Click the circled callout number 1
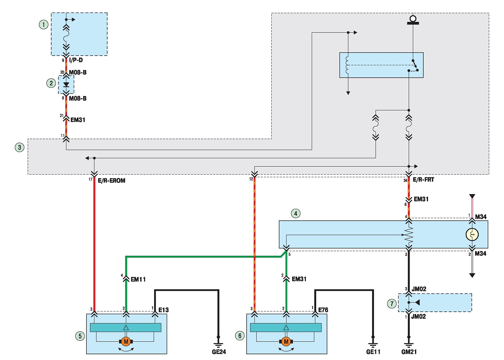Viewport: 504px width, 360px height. tap(44, 24)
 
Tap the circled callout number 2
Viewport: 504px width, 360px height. tap(51, 83)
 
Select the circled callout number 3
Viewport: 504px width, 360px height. tap(20, 147)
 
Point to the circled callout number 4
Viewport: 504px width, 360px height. tap(295, 213)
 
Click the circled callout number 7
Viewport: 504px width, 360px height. tap(392, 304)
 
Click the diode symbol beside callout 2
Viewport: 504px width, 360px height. tap(66, 85)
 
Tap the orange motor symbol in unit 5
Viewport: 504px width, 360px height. tap(126, 342)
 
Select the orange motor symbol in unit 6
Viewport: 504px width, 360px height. tap(286, 342)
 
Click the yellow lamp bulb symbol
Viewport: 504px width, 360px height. tap(472, 235)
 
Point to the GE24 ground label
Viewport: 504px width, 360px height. tap(219, 352)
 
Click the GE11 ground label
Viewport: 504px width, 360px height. tap(373, 352)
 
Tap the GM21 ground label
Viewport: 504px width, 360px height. tap(409, 352)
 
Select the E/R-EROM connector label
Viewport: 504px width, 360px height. tap(111, 181)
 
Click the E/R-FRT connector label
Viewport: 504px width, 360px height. tap(423, 180)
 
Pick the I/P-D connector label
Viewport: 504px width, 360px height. tap(76, 60)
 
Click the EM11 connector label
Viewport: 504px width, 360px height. tap(138, 279)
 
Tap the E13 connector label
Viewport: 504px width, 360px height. tap(163, 310)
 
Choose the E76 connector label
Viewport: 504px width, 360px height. tap(323, 310)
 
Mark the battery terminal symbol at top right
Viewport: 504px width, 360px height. tap(413, 20)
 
